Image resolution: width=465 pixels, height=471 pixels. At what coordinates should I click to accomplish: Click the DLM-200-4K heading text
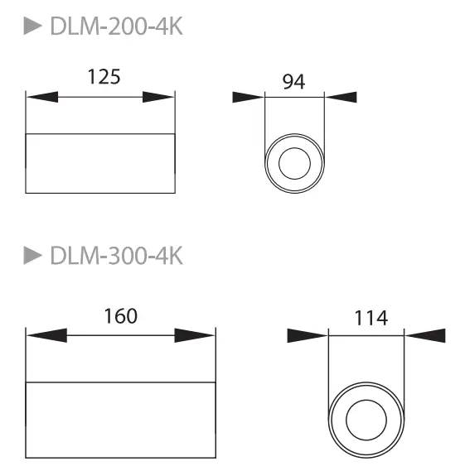tap(116, 27)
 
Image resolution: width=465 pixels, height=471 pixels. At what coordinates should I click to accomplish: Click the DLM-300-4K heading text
tap(116, 256)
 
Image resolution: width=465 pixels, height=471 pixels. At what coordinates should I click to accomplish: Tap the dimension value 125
tap(104, 77)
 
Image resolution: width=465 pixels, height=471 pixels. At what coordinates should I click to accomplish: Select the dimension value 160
tap(120, 315)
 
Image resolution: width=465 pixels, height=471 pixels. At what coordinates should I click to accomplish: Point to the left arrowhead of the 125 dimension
tap(42, 97)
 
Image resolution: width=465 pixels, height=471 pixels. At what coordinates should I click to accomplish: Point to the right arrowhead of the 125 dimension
tap(158, 97)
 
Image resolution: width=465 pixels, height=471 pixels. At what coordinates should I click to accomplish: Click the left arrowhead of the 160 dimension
tap(46, 336)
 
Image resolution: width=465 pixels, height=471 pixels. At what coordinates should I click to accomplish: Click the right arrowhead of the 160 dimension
tap(195, 336)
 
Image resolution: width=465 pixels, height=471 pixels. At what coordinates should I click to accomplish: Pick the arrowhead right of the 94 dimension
tap(341, 97)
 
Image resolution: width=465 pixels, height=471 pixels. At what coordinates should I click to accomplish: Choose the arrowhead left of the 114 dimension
tap(307, 335)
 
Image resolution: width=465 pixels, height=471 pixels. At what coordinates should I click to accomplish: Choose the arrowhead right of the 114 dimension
tap(425, 335)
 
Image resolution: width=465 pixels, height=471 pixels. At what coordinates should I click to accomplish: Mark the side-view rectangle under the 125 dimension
tap(100, 162)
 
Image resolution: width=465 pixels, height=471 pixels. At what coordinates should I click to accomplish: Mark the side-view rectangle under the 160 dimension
tap(121, 419)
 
